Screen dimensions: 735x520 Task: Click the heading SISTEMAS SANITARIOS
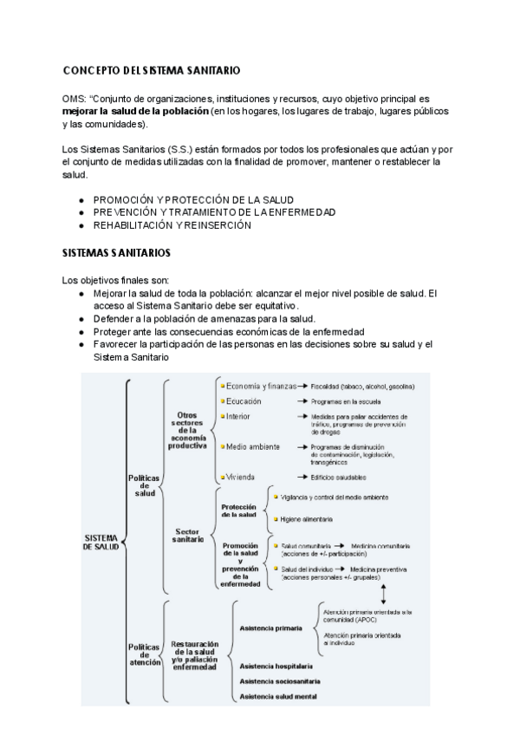pyautogui.click(x=116, y=254)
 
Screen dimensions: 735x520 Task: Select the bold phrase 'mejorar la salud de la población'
pyautogui.click(x=135, y=113)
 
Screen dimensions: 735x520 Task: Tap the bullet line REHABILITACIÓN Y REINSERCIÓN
pyautogui.click(x=172, y=225)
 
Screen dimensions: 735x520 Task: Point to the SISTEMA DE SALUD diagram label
pyautogui.click(x=102, y=542)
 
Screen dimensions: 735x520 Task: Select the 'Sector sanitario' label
pyautogui.click(x=188, y=535)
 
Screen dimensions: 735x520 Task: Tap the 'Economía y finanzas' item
pyautogui.click(x=261, y=386)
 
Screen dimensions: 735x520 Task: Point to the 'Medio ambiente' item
pyautogui.click(x=252, y=447)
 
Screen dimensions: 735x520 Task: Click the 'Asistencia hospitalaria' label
pyautogui.click(x=276, y=667)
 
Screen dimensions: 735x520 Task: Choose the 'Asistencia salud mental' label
pyautogui.click(x=278, y=695)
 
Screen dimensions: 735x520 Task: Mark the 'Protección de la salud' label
pyautogui.click(x=239, y=511)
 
